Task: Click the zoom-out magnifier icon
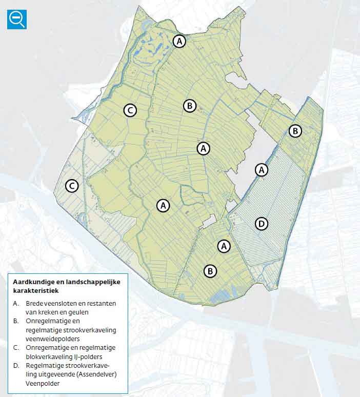tap(17, 19)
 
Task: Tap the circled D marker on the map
tap(262, 224)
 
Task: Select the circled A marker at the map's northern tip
tap(179, 41)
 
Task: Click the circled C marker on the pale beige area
tap(72, 186)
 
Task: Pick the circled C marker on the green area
tap(130, 110)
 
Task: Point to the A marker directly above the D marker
tap(262, 169)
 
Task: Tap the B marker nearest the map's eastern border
tap(295, 131)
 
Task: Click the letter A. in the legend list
tap(16, 304)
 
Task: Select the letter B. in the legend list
tap(16, 321)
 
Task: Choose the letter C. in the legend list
tap(16, 347)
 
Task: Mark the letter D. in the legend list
tap(16, 365)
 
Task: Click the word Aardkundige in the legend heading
tap(32, 282)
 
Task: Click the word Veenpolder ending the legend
tap(43, 383)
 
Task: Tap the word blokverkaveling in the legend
tap(48, 356)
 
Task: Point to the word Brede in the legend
tap(34, 304)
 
